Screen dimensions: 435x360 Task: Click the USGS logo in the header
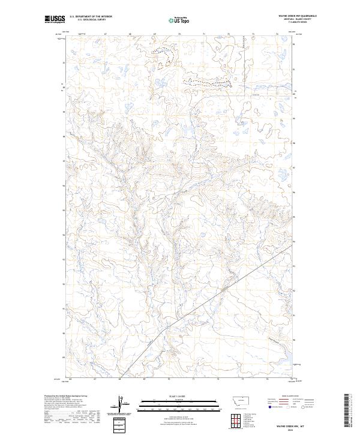[x=55, y=19]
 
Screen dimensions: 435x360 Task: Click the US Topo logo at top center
[x=180, y=19]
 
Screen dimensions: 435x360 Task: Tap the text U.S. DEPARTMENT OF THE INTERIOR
[x=91, y=17]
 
